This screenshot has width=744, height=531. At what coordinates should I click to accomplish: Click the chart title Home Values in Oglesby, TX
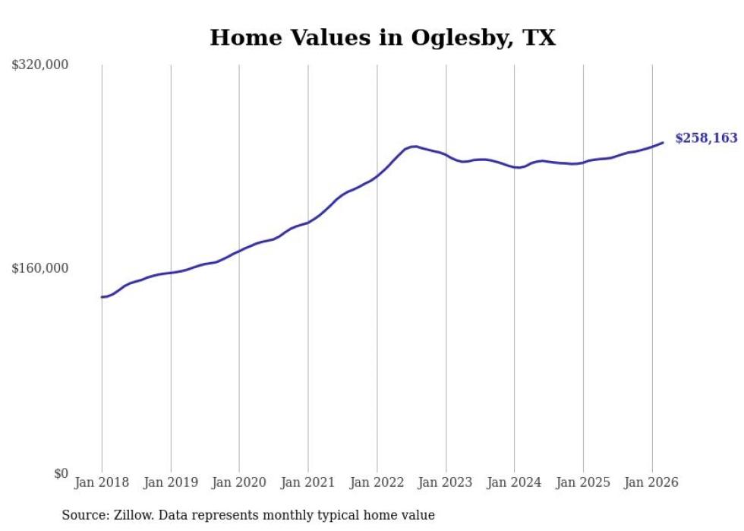383,37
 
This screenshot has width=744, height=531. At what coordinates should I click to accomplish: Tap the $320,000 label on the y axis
40,65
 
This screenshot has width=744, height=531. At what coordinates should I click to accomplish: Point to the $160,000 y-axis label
40,268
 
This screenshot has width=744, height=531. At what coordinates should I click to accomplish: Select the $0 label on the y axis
61,473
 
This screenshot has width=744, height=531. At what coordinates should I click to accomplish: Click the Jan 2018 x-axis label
102,482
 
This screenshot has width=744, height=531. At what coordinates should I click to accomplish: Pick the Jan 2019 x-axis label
171,482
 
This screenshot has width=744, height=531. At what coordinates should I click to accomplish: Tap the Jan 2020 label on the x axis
239,482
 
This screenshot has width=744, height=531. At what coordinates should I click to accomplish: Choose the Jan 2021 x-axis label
308,482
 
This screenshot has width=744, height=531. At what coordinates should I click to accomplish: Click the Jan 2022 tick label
377,482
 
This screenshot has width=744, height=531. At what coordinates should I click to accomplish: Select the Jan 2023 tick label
446,482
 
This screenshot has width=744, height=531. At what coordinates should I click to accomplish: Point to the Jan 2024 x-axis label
515,482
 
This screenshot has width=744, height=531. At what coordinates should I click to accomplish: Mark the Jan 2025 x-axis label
583,482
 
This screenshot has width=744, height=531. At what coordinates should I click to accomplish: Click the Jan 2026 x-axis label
652,482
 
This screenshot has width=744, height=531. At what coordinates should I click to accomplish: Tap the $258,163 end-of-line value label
706,138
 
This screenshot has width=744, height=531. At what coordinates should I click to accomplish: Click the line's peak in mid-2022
414,147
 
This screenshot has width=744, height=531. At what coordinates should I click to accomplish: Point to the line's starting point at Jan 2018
102,297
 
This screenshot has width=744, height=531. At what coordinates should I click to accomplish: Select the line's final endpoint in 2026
663,142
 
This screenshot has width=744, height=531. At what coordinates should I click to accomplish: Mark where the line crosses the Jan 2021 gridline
308,222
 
